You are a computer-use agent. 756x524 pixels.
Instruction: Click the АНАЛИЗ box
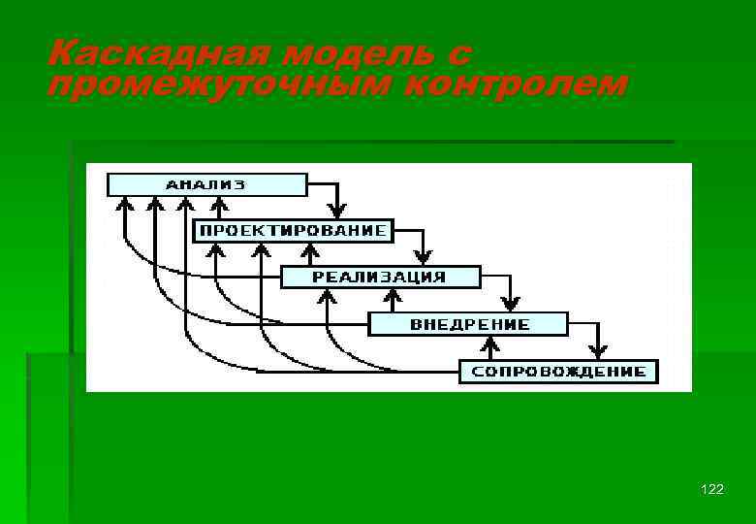(206, 184)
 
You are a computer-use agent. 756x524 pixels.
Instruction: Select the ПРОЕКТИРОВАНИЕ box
(293, 231)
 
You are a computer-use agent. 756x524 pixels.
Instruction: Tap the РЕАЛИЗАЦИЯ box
(380, 277)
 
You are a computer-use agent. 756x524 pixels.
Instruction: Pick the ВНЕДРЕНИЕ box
(469, 323)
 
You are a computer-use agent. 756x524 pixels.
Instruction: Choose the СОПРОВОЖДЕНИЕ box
(558, 371)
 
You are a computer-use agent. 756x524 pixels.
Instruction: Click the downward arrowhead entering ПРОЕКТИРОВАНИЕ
(336, 211)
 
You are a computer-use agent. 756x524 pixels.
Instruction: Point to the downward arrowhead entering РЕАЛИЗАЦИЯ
(423, 257)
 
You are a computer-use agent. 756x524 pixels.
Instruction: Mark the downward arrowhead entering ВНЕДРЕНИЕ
(510, 303)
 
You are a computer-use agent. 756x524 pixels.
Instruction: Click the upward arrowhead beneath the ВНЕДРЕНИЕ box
(493, 343)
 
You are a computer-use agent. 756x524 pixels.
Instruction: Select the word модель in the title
(331, 53)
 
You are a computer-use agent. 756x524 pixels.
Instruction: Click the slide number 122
(711, 490)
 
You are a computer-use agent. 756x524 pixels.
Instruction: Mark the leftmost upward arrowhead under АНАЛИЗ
(124, 205)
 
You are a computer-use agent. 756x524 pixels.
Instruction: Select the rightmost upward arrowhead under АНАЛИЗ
(220, 205)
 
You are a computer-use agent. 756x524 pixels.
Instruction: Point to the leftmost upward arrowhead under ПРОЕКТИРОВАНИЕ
(215, 250)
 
